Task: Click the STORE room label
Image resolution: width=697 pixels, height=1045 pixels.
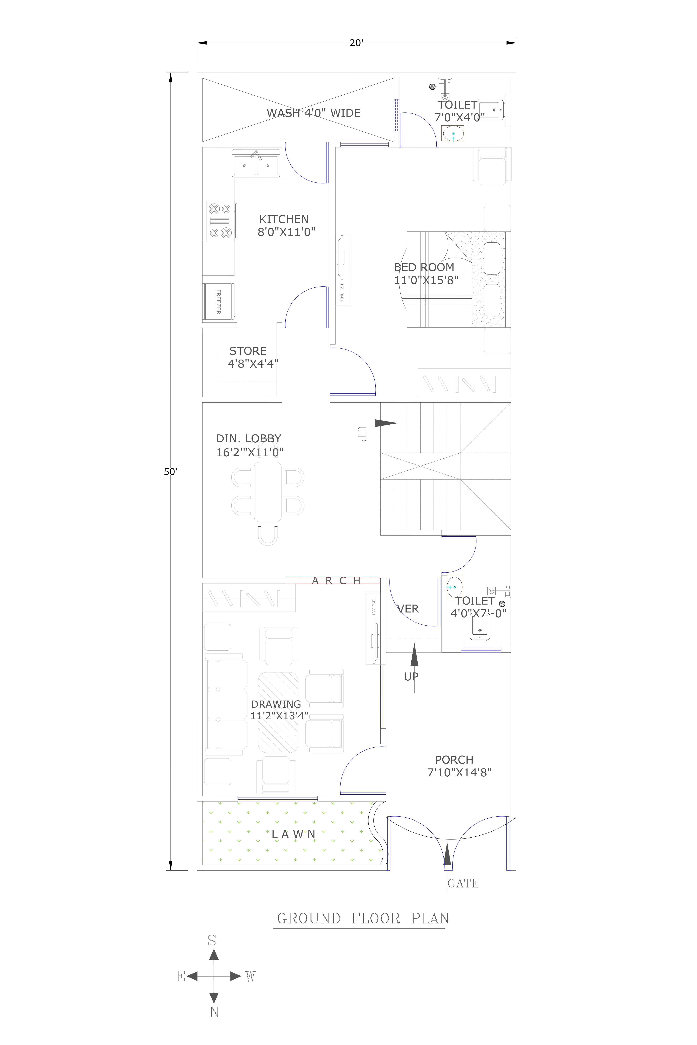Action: [248, 351]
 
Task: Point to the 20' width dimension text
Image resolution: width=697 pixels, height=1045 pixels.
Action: [356, 43]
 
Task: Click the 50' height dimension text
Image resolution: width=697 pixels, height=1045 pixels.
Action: [170, 472]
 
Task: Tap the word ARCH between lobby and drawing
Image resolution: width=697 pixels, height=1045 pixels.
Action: [336, 580]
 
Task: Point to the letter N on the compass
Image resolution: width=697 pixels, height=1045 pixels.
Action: [214, 1012]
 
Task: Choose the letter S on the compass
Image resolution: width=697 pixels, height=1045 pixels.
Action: [212, 940]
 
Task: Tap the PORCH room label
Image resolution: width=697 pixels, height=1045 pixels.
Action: [454, 760]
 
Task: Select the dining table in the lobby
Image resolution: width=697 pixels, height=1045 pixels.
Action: [268, 492]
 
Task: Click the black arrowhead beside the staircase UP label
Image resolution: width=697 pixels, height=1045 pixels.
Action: [385, 423]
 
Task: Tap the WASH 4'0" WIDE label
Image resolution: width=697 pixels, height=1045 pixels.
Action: [313, 113]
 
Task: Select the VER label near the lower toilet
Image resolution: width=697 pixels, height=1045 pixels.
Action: [408, 609]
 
